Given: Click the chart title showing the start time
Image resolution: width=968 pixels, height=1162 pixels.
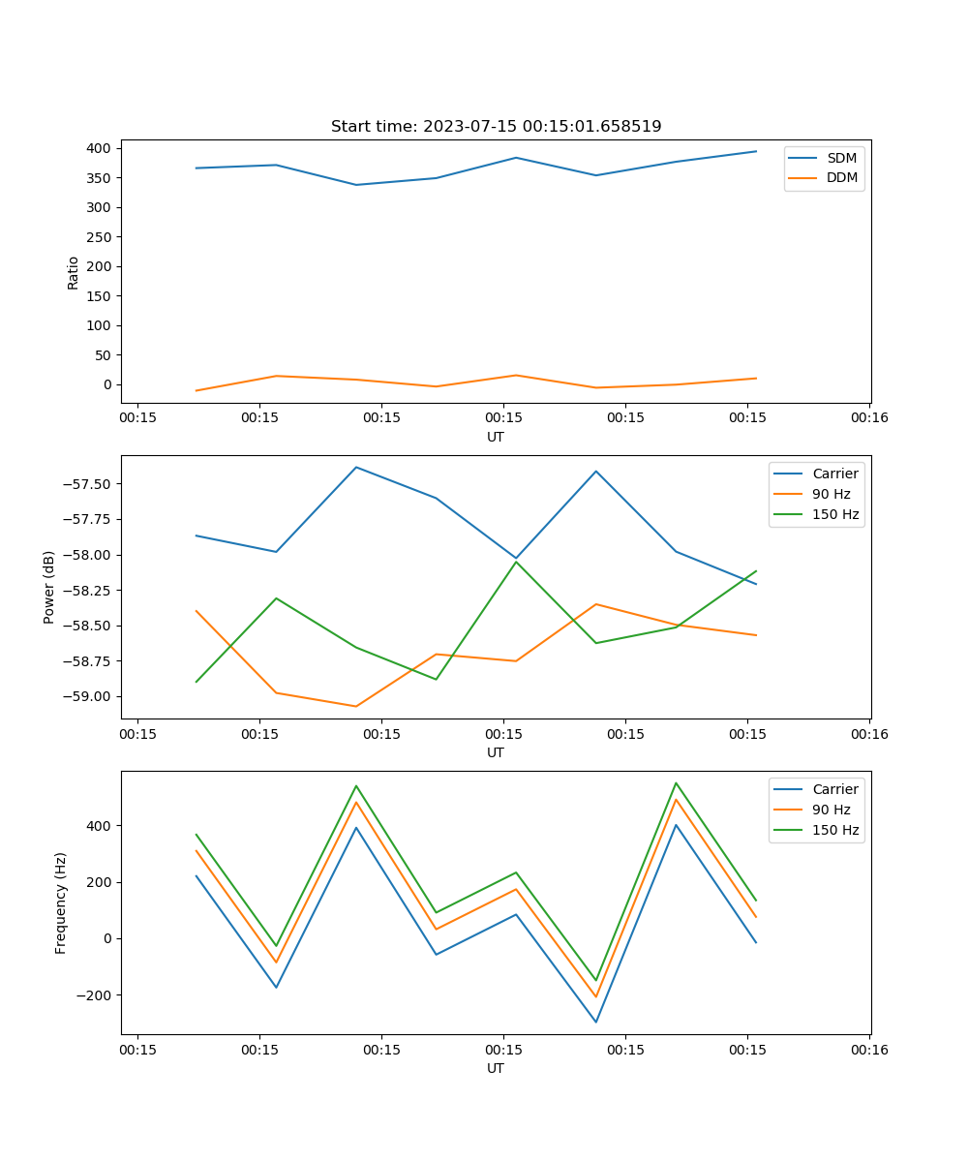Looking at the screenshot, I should point(496,127).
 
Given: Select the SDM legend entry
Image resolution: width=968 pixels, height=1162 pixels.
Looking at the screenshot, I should point(841,158).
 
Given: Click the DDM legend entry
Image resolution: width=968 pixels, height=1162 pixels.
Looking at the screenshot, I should point(841,178).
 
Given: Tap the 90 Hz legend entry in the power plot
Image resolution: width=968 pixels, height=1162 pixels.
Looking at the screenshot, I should point(831,494).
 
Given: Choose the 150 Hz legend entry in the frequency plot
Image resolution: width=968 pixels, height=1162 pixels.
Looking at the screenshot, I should point(835,830).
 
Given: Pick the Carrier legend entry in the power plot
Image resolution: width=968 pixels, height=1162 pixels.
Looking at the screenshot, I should point(834,474).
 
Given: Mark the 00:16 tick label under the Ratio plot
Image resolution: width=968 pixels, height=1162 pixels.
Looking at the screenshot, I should point(868,418).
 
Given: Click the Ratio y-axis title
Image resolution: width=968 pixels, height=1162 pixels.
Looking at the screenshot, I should point(74,272).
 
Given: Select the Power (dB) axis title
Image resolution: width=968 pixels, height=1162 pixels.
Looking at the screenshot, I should point(49,587).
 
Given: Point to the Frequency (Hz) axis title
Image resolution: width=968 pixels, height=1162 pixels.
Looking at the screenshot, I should point(61,902).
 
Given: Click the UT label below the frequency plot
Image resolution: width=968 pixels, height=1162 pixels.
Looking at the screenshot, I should point(496,1068).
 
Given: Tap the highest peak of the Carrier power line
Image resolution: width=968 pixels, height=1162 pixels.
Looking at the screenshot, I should point(356,467).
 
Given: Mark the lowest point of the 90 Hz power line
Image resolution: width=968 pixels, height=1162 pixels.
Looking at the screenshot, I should point(356,706).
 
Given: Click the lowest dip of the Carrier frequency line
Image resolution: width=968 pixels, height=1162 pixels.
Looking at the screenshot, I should point(595,1022).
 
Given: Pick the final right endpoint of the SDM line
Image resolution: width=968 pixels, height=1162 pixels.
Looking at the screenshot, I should point(756,151).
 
